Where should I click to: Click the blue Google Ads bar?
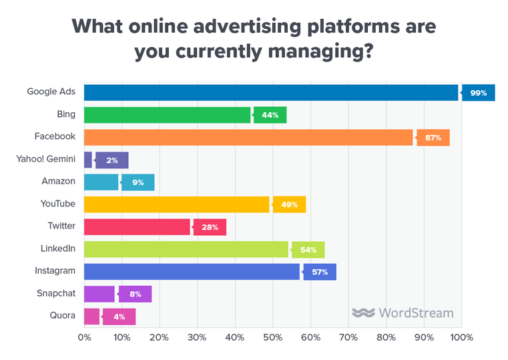[x=270, y=92]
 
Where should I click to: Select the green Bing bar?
[x=167, y=115]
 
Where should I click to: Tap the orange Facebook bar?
[x=248, y=137]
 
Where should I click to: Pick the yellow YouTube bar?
[x=176, y=204]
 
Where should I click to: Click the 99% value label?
[x=478, y=92]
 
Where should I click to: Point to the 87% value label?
[x=433, y=137]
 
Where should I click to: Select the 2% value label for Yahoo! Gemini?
[x=111, y=160]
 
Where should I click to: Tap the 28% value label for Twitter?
[x=210, y=226]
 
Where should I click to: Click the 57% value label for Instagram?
[x=319, y=271]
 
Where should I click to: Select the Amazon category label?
[x=59, y=181]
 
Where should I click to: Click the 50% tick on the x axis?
[x=273, y=337]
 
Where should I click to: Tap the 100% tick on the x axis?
[x=461, y=337]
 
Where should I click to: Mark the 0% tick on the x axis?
[x=84, y=337]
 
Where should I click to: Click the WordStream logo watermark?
[x=403, y=313]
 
